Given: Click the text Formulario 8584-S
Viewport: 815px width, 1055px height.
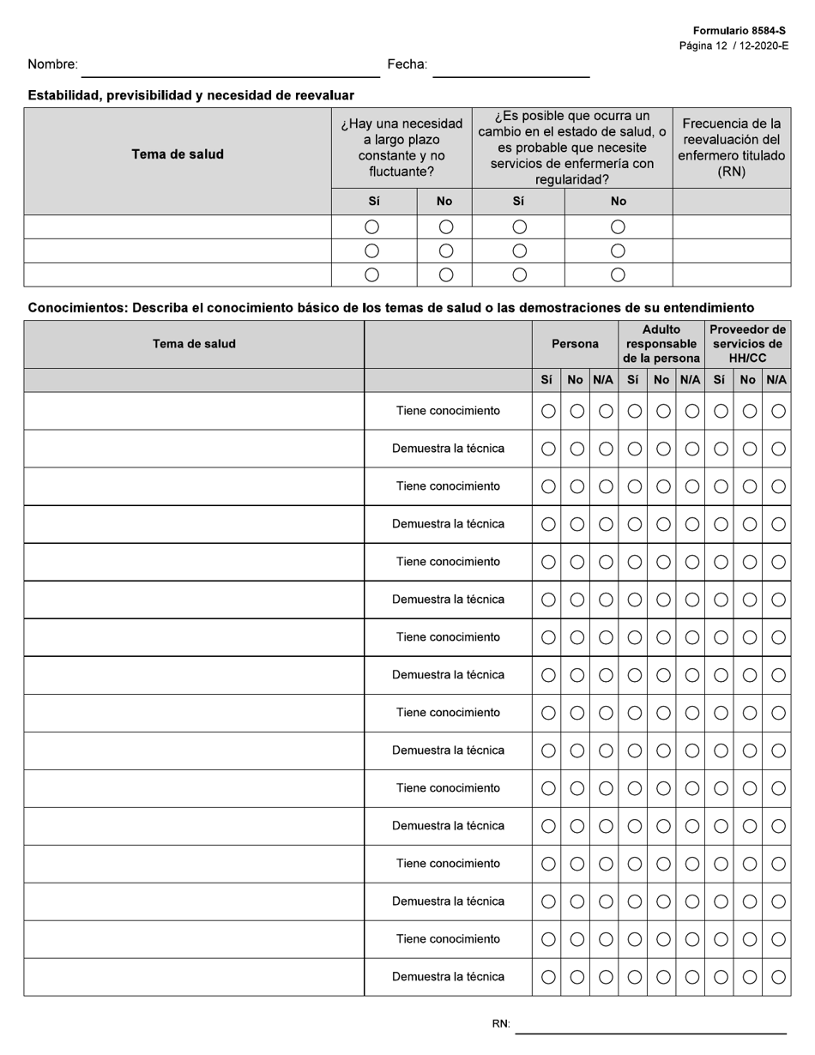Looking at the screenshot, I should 739,31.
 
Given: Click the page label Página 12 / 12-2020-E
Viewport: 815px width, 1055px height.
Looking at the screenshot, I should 733,45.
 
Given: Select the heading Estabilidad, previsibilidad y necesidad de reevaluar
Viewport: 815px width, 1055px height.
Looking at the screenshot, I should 190,95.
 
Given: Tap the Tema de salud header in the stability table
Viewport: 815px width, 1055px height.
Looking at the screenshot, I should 178,154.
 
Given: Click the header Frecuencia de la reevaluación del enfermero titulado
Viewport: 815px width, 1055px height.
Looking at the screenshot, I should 731,148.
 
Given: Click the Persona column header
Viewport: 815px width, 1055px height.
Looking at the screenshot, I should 575,344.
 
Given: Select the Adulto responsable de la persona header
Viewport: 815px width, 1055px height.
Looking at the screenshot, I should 661,344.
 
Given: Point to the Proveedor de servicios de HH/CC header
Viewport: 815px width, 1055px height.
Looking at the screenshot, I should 747,344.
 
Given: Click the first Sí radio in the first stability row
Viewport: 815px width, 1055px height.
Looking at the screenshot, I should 371,227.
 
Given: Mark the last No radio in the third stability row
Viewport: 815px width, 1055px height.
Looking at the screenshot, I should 618,275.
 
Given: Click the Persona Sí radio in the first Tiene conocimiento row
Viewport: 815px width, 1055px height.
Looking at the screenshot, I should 548,411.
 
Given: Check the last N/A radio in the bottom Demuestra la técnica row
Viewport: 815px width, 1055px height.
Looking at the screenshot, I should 778,977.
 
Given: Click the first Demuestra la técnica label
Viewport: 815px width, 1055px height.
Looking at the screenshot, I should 448,449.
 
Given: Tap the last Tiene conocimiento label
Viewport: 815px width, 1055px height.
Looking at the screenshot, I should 448,939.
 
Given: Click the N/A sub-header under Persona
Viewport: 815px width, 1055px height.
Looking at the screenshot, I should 603,380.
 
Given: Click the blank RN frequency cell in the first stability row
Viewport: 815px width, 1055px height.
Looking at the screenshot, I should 731,227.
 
